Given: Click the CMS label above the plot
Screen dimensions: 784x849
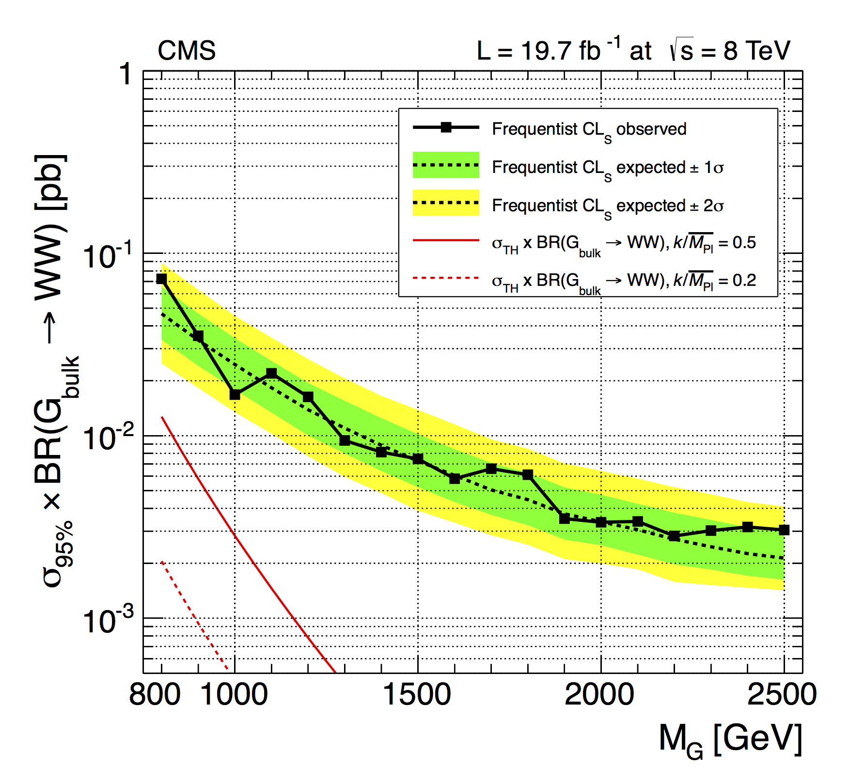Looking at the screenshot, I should tap(187, 50).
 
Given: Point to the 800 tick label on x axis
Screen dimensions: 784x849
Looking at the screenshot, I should tap(155, 694).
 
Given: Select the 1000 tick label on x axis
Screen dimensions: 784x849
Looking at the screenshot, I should tap(234, 694).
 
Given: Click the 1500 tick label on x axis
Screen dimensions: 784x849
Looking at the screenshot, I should tap(417, 694).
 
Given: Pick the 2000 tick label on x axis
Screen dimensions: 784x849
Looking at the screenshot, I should tap(600, 694).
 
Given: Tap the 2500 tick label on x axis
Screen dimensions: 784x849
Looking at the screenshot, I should tap(782, 694).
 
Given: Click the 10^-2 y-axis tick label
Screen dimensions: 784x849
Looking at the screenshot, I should tap(108, 437).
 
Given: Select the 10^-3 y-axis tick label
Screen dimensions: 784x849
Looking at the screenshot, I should tap(108, 620).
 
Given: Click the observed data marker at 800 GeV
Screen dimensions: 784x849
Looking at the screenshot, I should tap(161, 279).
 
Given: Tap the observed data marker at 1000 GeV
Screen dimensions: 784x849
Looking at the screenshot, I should tap(235, 395).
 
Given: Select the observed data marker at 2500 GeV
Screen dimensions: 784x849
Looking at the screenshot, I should tap(784, 530).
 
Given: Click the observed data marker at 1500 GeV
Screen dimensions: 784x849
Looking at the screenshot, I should tap(418, 458).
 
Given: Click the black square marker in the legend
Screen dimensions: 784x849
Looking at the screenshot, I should tap(446, 127).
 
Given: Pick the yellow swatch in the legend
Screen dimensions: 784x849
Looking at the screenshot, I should tap(446, 203).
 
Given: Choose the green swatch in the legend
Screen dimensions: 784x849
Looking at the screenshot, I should tap(446, 165).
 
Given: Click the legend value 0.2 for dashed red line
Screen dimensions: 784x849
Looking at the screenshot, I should tap(744, 281).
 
